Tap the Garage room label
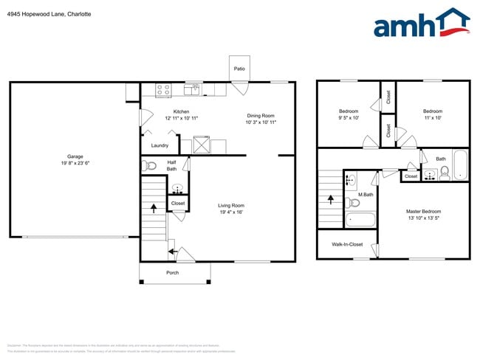point(75,156)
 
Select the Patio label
point(239,69)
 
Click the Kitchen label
point(181,111)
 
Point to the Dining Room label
point(260,115)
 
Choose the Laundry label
point(160,145)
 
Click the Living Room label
point(231,205)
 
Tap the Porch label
point(172,273)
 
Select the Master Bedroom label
point(423,211)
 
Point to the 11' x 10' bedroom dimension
point(433,118)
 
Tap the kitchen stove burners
point(163,90)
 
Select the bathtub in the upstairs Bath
point(460,166)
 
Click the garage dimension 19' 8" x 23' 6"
point(75,163)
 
